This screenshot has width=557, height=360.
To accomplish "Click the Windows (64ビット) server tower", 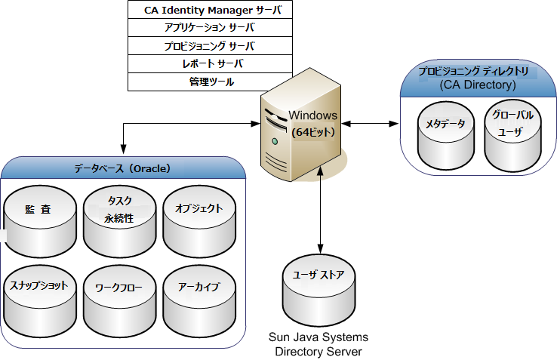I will pos(302,128).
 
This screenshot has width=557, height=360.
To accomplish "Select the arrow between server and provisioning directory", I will pos(370,122).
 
